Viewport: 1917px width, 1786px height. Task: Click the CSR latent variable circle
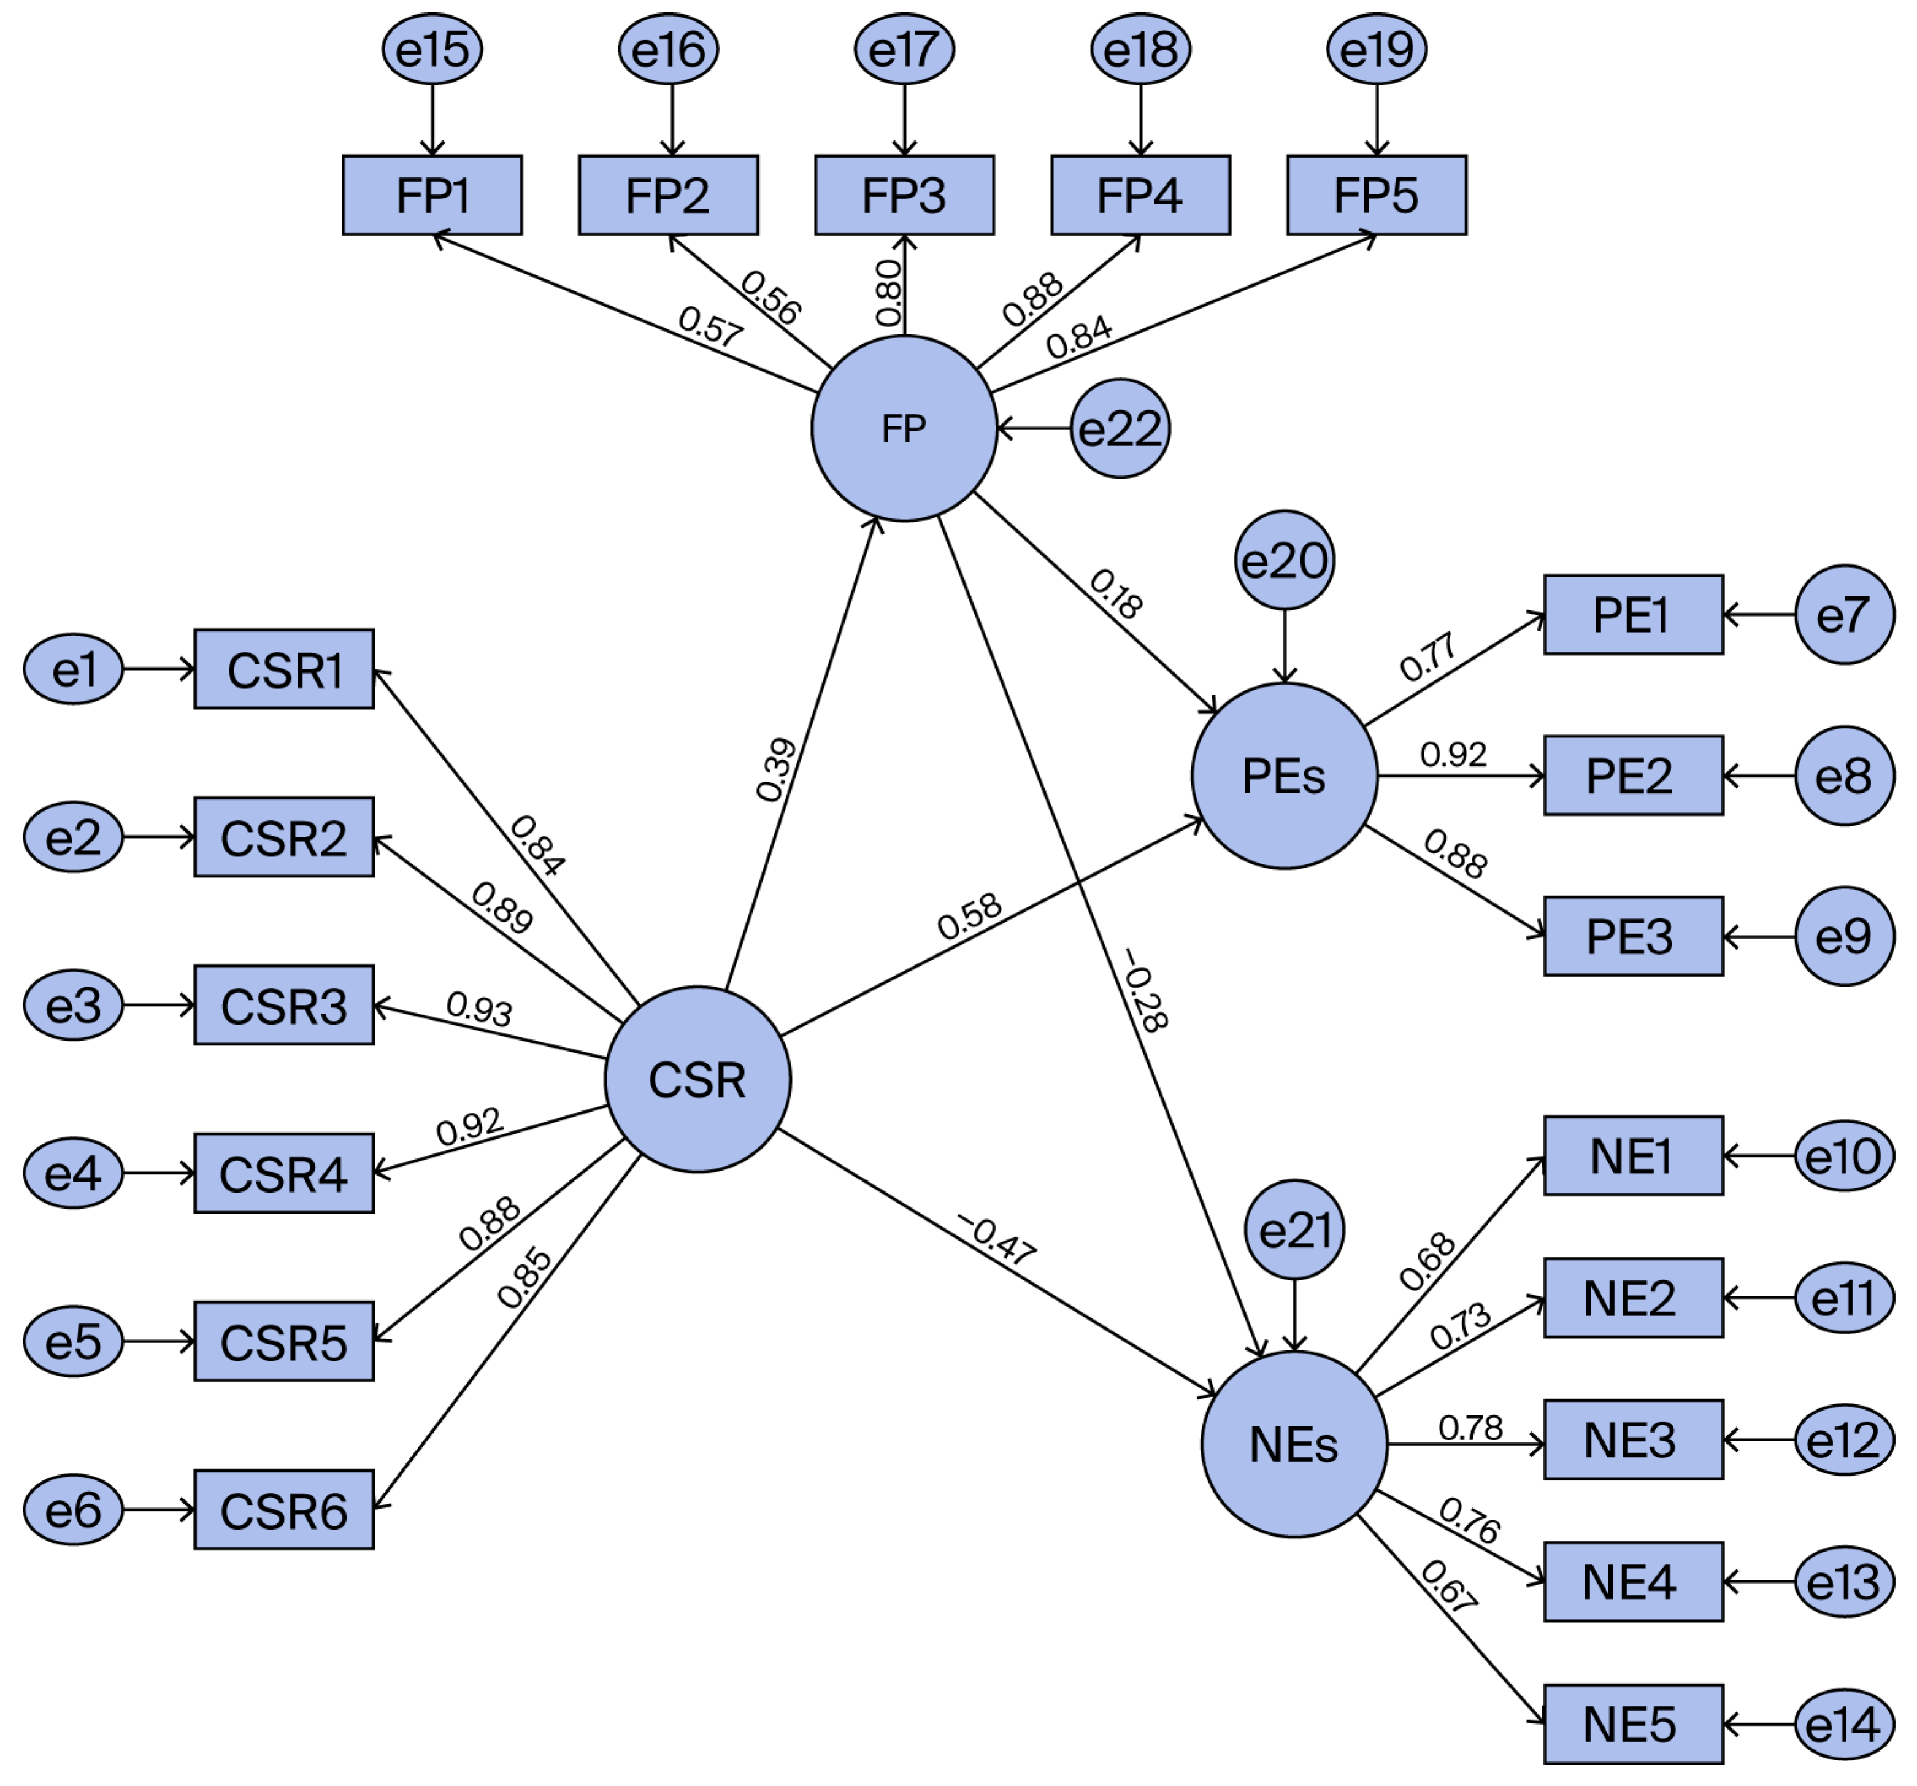click(697, 1079)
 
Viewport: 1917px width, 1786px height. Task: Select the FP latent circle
click(904, 428)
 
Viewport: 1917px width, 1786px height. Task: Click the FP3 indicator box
click(904, 195)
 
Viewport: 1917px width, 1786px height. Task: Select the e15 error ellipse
click(432, 49)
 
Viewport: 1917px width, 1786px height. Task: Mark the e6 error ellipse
click(73, 1509)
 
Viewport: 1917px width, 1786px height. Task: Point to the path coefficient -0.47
click(996, 1239)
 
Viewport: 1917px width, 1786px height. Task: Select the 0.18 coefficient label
click(1116, 594)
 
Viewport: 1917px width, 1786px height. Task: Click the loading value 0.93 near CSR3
click(479, 1009)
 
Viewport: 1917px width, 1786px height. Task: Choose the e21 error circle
click(1294, 1231)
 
